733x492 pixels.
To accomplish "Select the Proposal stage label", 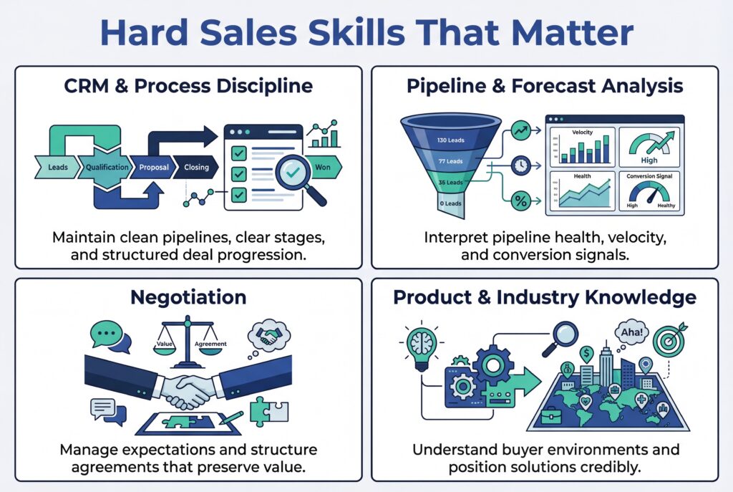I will click(154, 168).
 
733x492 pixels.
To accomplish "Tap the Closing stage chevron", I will click(196, 168).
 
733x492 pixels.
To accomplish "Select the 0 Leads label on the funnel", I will click(451, 204).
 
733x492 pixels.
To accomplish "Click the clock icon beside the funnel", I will click(520, 165).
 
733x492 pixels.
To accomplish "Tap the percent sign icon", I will click(520, 202).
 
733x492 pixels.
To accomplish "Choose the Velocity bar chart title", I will click(582, 132).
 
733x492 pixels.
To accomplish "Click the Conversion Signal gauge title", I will click(649, 175).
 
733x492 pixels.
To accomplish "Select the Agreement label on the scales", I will click(210, 344).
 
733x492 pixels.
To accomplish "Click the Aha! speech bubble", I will click(629, 332).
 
